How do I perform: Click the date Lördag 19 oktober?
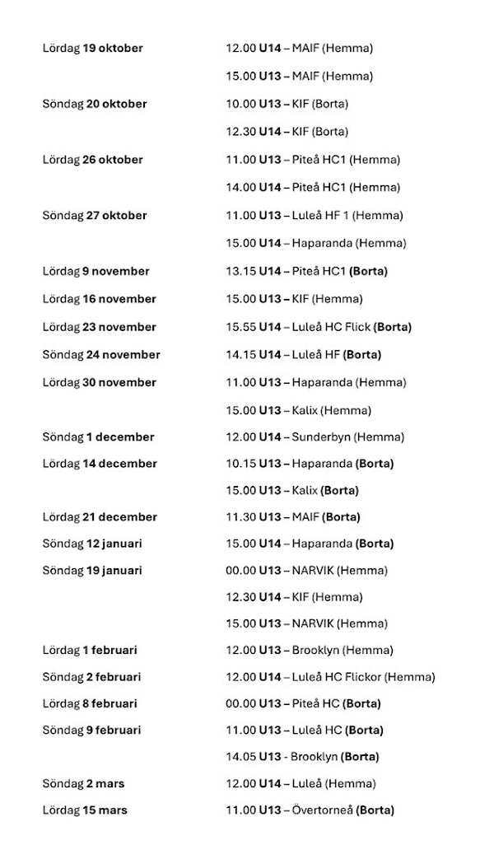pyautogui.click(x=92, y=49)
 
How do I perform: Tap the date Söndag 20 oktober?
pyautogui.click(x=95, y=104)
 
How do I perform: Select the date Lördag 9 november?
pyautogui.click(x=96, y=271)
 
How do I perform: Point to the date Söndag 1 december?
pyautogui.click(x=99, y=437)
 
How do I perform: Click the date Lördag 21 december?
pyautogui.click(x=100, y=517)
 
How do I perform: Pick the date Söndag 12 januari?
pyautogui.click(x=92, y=544)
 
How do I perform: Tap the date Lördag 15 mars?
pyautogui.click(x=85, y=810)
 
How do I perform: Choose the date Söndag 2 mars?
pyautogui.click(x=84, y=783)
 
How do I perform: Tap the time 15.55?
pyautogui.click(x=240, y=327)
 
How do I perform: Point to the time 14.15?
pyautogui.click(x=240, y=355)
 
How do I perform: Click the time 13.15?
pyautogui.click(x=240, y=271)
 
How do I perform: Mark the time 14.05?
pyautogui.click(x=240, y=756)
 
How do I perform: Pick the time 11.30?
pyautogui.click(x=240, y=517)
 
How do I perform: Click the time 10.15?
pyautogui.click(x=240, y=464)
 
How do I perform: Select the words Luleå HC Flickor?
pyautogui.click(x=336, y=677)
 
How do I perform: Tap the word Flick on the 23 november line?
pyautogui.click(x=356, y=327)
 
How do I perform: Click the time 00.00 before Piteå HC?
pyautogui.click(x=240, y=703)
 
